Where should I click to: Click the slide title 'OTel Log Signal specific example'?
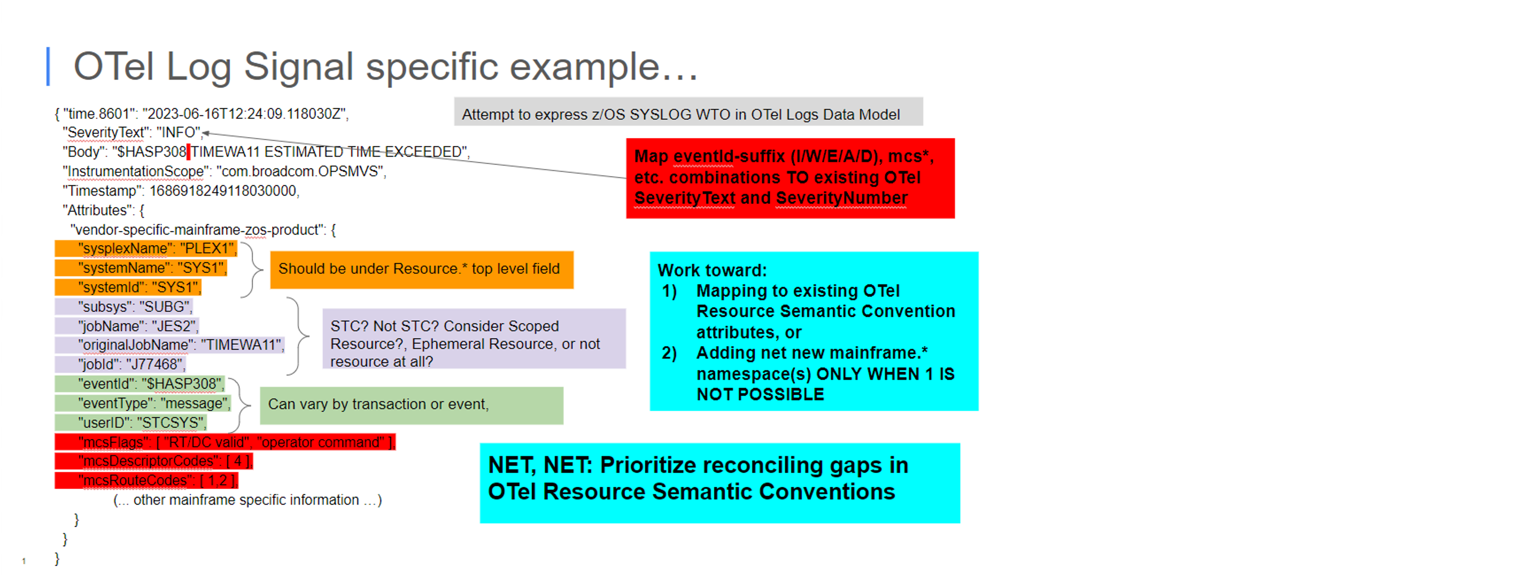385,66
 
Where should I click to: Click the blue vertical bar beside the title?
48,66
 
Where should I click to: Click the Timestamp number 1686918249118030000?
223,191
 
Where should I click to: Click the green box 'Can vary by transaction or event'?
411,405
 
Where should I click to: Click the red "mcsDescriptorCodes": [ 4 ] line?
154,461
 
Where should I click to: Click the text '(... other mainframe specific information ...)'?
247,500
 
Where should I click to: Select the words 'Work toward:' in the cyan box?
712,270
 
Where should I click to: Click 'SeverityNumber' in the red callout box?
842,198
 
